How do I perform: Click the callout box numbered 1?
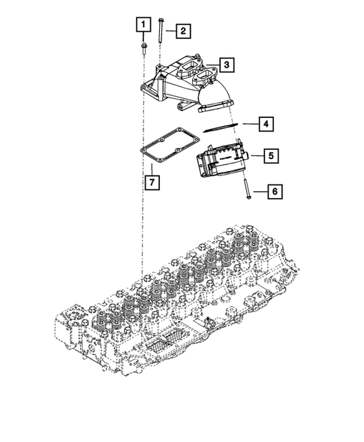[143, 25]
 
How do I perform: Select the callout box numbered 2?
[183, 31]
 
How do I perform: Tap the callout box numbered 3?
[227, 65]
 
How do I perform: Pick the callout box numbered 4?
[266, 124]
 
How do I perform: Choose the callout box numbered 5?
[271, 155]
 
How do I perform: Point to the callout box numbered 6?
[275, 191]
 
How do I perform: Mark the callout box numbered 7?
[152, 182]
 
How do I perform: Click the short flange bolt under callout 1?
[143, 48]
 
